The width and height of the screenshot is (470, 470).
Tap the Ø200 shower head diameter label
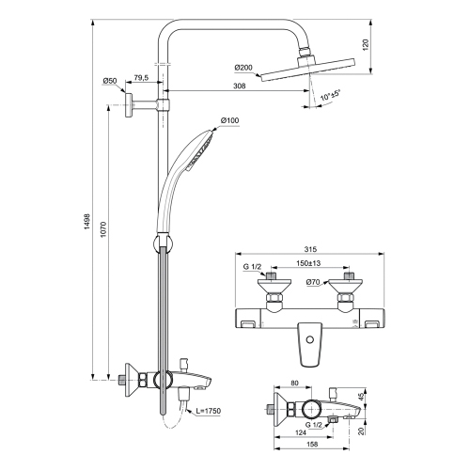tap(243, 67)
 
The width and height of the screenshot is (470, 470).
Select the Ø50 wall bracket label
tap(110, 81)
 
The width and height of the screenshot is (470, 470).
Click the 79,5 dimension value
tap(141, 79)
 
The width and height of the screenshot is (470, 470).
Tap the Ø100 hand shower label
tap(230, 119)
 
